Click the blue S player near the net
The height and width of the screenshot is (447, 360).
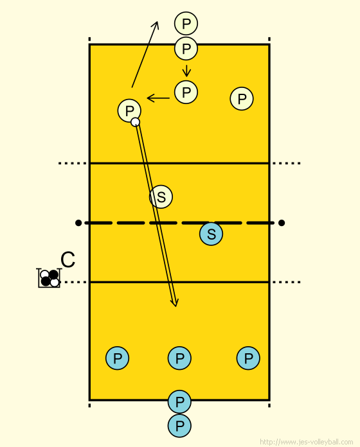click(211, 234)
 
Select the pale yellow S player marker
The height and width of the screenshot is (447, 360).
click(161, 197)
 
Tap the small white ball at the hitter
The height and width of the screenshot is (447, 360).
click(135, 122)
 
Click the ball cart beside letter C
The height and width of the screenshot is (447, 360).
click(49, 278)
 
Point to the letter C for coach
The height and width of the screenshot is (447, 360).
click(68, 259)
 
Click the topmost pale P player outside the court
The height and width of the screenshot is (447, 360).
click(186, 23)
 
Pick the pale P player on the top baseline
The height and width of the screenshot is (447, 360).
click(186, 48)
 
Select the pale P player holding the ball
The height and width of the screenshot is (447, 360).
click(129, 110)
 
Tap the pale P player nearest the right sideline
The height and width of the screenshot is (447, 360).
click(242, 99)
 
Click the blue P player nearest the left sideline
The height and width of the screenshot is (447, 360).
click(117, 358)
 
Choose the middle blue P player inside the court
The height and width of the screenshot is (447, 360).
click(179, 358)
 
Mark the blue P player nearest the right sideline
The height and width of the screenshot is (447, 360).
click(248, 358)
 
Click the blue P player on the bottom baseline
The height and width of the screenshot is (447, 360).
click(179, 401)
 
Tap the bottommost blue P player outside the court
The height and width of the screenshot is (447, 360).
click(179, 426)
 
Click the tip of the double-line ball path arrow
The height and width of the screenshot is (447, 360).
click(175, 307)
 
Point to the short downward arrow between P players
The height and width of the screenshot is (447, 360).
click(186, 71)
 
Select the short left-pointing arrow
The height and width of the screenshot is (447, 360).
click(158, 98)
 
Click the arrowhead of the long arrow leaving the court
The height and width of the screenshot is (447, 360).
click(157, 22)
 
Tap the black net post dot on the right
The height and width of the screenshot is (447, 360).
click(282, 223)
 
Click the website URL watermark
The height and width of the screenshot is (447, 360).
click(307, 442)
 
